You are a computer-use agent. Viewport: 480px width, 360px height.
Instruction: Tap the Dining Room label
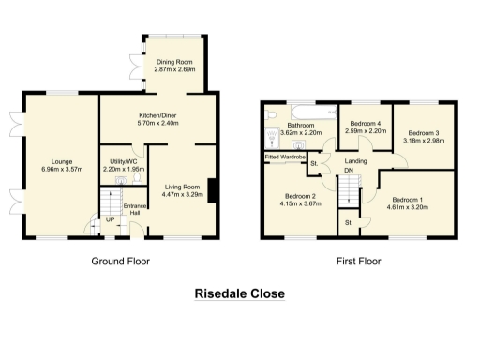[x=172, y=62]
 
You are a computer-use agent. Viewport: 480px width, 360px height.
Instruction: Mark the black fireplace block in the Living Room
[x=213, y=189]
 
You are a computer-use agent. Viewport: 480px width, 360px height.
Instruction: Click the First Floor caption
[x=358, y=261]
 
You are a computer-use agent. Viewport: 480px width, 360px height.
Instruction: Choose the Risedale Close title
[x=239, y=293]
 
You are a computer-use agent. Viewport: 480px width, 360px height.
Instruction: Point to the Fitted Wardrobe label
[x=285, y=156]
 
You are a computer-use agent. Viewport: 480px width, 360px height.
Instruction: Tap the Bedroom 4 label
[x=366, y=124]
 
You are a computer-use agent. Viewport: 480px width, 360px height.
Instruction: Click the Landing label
[x=356, y=162]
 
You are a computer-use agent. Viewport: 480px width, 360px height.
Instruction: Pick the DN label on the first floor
[x=350, y=172]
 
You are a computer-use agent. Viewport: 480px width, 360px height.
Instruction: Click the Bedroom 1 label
[x=408, y=199]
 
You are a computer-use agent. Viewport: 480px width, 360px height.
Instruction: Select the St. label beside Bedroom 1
[x=348, y=222]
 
